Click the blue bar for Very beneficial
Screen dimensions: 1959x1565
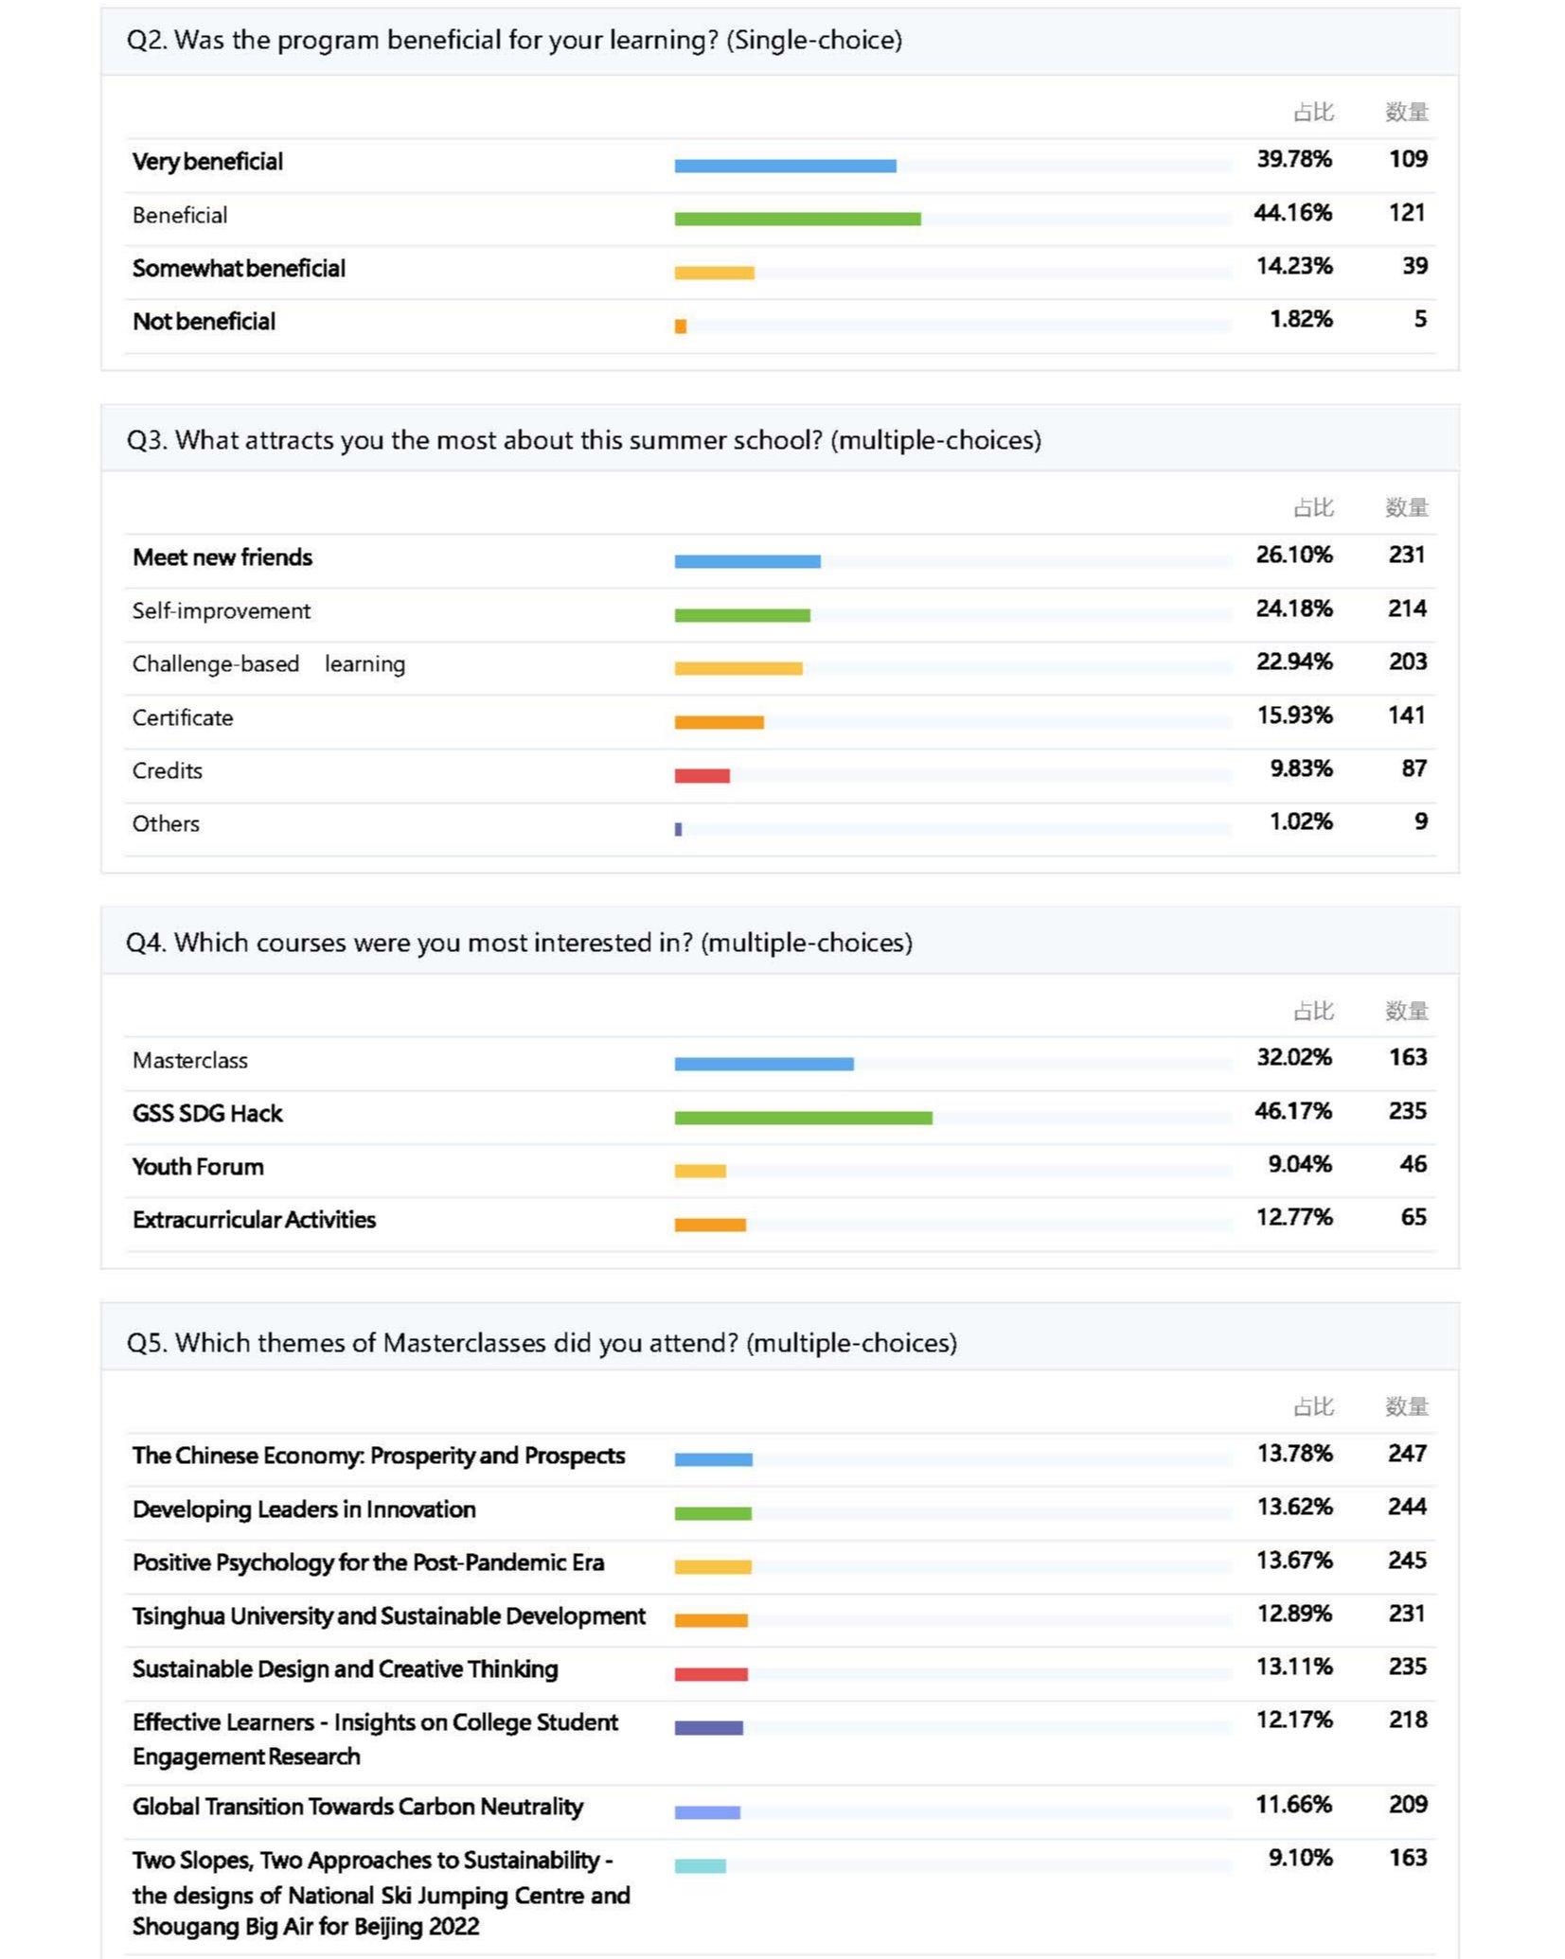[x=785, y=166]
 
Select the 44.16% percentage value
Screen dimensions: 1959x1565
[x=1292, y=213]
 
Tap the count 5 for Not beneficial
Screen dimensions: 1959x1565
[x=1420, y=319]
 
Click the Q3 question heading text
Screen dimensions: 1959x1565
[x=583, y=440]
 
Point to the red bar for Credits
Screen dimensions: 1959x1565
[x=702, y=776]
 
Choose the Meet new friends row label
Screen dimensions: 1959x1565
[x=222, y=557]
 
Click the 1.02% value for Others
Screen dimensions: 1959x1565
[x=1300, y=821]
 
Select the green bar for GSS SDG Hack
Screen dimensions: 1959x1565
[x=803, y=1118]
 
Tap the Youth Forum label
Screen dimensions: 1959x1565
[x=198, y=1167]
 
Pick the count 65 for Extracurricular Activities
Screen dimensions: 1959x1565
[x=1413, y=1217]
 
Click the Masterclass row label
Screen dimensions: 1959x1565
[x=190, y=1060]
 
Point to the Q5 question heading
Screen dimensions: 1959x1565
[x=542, y=1343]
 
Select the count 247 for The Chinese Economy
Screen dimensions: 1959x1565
[x=1407, y=1453]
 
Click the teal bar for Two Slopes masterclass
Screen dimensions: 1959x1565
[x=700, y=1866]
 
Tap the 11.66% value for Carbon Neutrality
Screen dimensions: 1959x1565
[x=1293, y=1805]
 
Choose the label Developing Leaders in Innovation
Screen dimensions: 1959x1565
[x=304, y=1509]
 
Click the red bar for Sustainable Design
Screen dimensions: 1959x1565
[x=711, y=1674]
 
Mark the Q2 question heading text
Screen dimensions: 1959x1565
[x=514, y=40]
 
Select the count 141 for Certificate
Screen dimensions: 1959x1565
[x=1406, y=715]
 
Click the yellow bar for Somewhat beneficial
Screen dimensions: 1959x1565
[x=714, y=273]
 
